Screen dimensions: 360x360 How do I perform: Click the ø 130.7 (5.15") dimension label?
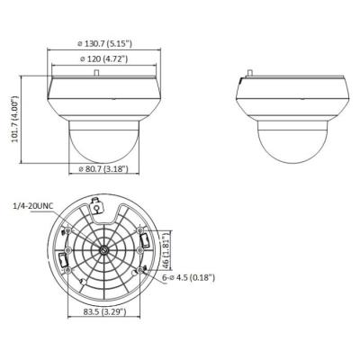103,42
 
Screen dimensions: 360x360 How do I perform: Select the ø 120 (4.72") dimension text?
103,59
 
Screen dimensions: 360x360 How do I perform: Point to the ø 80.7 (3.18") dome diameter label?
102,168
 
